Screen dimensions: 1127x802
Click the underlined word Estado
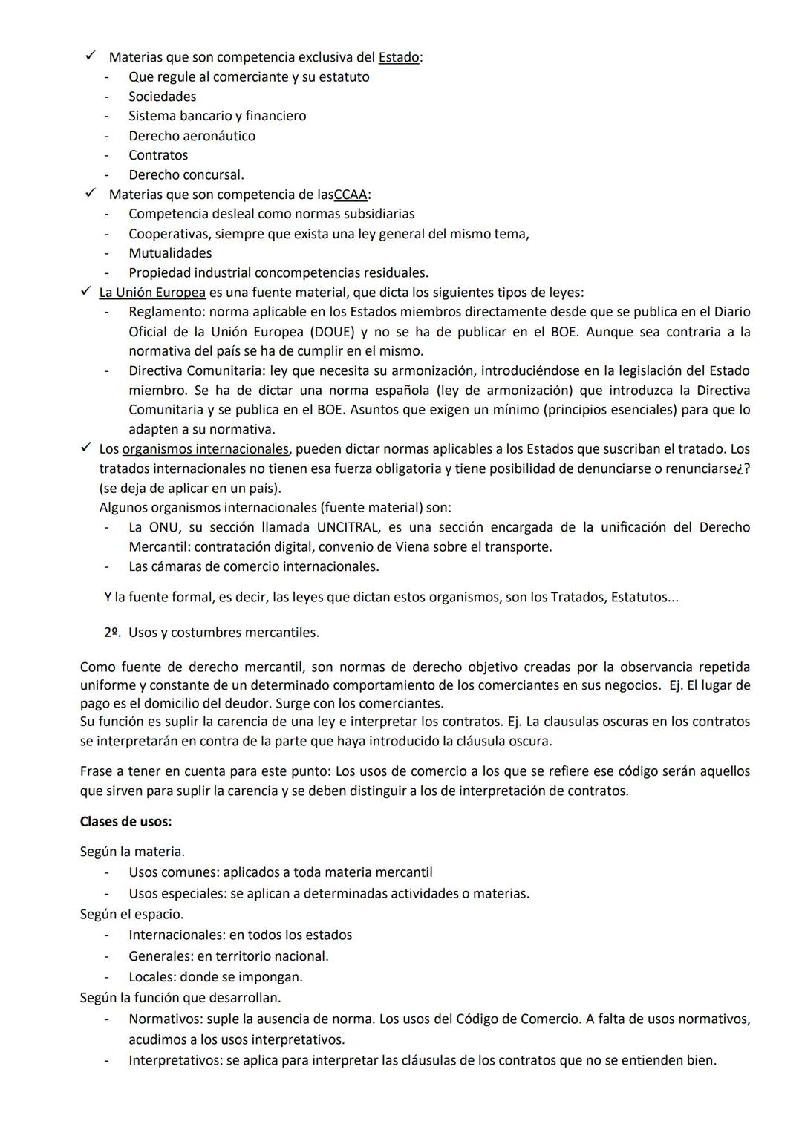[399, 57]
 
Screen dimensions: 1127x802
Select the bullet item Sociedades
[162, 97]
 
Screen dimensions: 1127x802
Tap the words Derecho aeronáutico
[192, 136]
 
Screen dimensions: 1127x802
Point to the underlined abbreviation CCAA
[351, 195]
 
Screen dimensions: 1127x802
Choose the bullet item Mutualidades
[170, 253]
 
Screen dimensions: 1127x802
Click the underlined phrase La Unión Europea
[152, 293]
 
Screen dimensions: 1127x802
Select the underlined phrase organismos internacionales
[205, 449]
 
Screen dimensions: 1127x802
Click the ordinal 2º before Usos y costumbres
[111, 633]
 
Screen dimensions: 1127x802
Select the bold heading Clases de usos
[125, 822]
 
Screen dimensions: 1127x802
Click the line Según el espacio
[131, 914]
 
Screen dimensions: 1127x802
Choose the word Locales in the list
[151, 977]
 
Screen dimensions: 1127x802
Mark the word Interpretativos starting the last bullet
[174, 1060]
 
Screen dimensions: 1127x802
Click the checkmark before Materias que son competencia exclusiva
[90, 56]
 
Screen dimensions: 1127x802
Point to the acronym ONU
[163, 527]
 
